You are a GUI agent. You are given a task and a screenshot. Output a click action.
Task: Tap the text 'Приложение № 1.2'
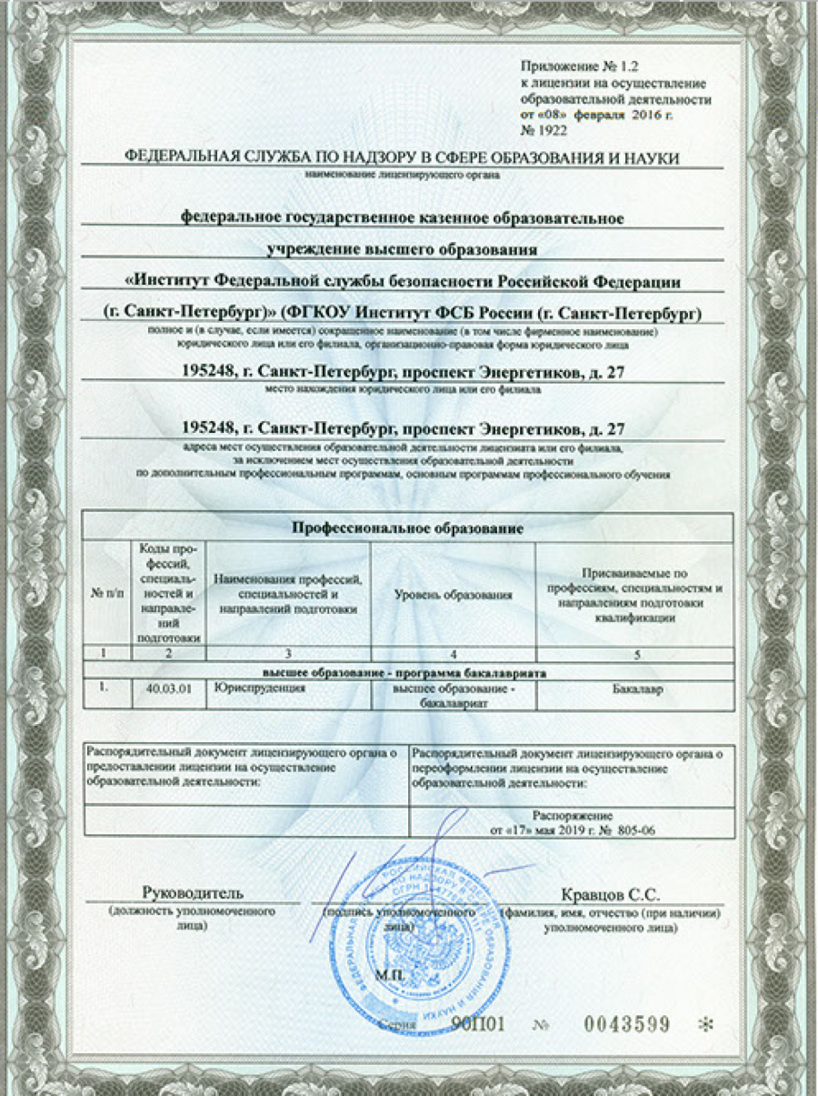click(x=575, y=67)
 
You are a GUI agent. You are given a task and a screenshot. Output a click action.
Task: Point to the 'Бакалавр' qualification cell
click(x=633, y=689)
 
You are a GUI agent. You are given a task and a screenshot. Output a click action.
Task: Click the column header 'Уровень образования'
click(x=453, y=594)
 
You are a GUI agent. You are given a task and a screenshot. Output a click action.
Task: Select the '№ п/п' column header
click(x=107, y=594)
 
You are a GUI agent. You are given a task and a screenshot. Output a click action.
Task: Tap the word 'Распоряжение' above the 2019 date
click(x=573, y=816)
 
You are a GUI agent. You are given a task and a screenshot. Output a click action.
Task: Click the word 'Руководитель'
click(x=193, y=893)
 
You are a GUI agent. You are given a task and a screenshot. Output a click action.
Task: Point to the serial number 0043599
click(x=627, y=1024)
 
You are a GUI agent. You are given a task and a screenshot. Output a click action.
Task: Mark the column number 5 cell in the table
click(x=633, y=653)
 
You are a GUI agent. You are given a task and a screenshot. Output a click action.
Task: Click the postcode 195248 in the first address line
click(x=208, y=372)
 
